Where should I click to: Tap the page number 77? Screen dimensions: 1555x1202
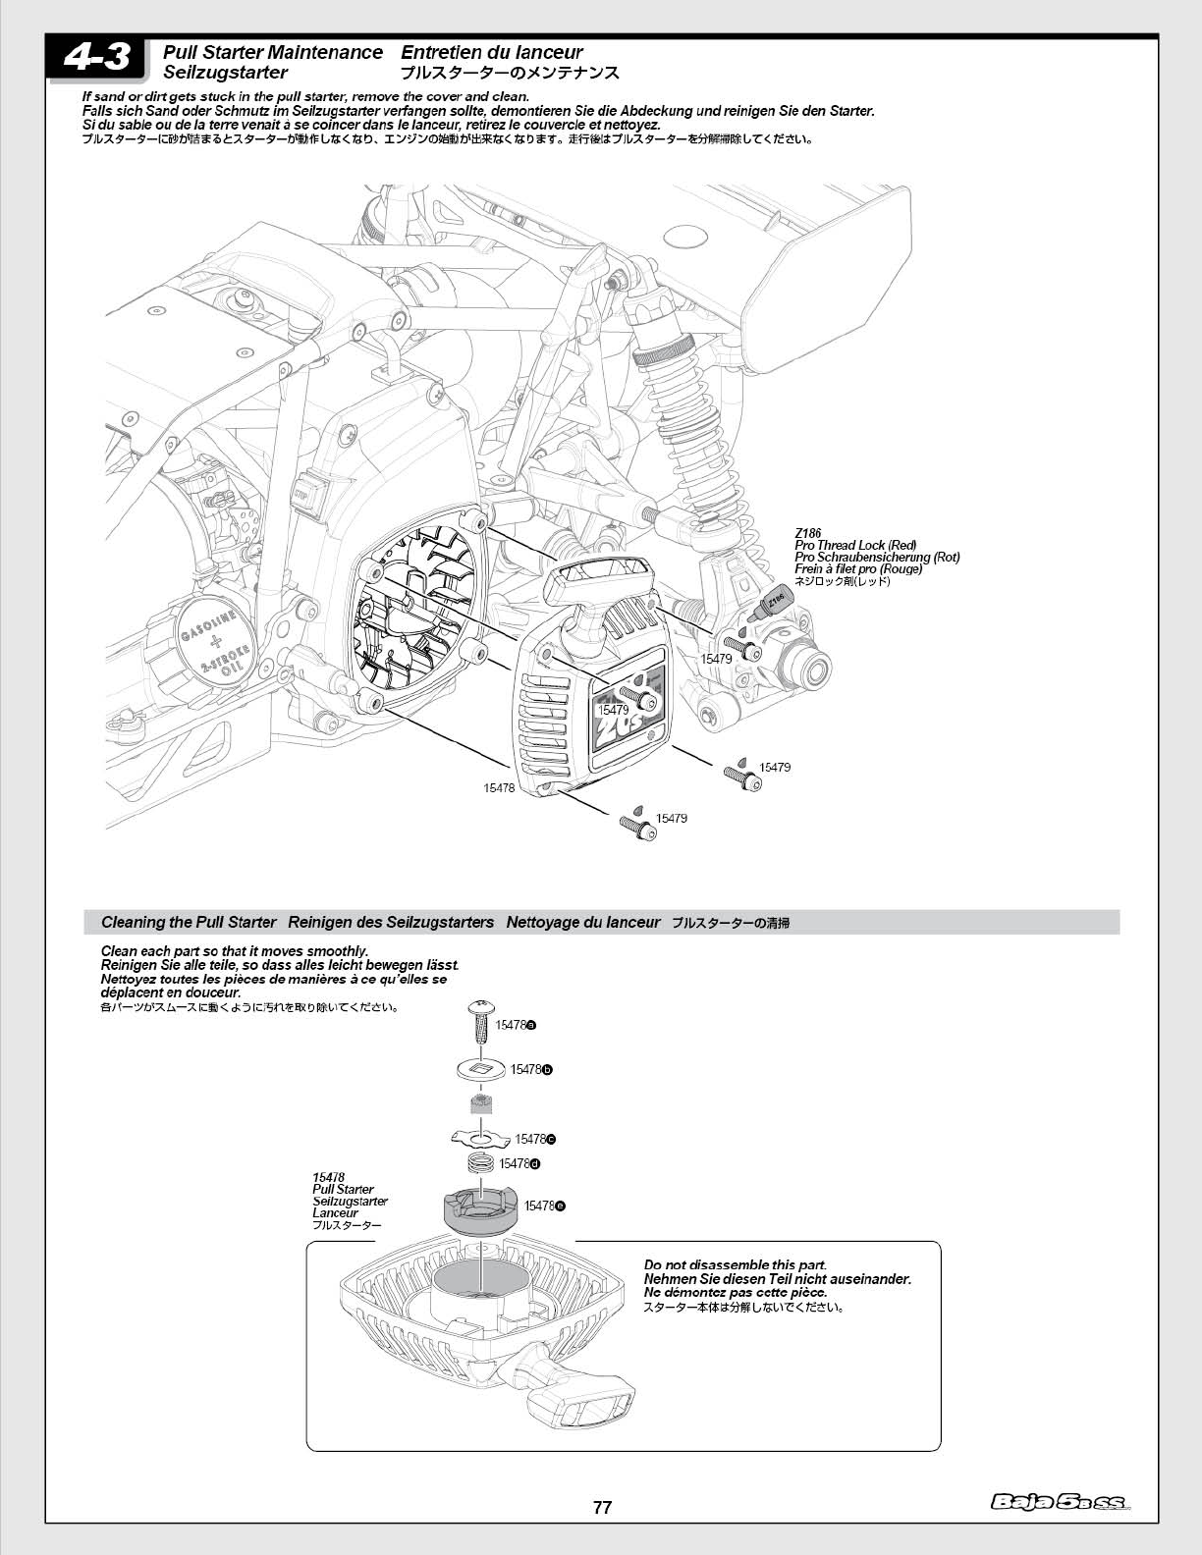pos(602,1508)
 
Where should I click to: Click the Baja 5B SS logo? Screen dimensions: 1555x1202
pos(1061,1501)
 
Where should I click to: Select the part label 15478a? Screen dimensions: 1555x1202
pos(515,1025)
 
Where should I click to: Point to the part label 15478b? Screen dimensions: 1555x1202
pos(531,1069)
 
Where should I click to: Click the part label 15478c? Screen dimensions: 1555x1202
pos(535,1139)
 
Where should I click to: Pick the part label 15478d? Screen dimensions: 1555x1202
pos(519,1163)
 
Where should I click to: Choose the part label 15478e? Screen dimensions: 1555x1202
pos(544,1206)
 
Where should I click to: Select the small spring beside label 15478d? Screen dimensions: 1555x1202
pos(481,1164)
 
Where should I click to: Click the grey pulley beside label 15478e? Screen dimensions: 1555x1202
pos(480,1212)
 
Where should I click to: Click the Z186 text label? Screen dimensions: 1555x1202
pos(807,533)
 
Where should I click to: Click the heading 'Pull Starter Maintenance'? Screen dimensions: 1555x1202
pos(273,52)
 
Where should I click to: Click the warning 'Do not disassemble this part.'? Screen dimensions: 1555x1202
pos(735,1264)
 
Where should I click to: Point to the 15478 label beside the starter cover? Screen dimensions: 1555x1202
pos(499,787)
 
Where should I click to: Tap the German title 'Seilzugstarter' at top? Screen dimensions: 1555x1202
pos(225,73)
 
